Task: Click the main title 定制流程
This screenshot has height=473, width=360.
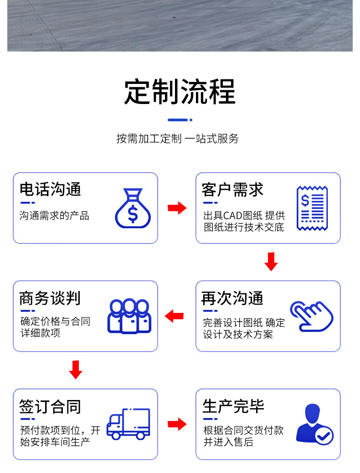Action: click(x=180, y=92)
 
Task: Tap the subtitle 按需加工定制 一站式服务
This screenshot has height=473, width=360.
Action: click(x=177, y=139)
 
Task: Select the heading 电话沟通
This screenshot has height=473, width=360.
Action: click(x=50, y=189)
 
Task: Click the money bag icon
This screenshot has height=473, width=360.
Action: click(x=133, y=208)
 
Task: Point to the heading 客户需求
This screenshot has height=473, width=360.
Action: click(x=232, y=189)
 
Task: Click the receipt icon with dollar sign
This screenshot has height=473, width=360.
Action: click(x=313, y=208)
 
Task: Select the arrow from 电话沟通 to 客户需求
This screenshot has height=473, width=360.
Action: click(x=177, y=208)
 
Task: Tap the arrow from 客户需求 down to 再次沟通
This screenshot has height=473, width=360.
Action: click(x=271, y=261)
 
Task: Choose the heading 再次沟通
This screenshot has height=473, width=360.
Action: click(x=232, y=298)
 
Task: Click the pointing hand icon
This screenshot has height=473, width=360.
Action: click(x=312, y=316)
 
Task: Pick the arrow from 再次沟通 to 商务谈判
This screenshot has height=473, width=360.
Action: click(x=174, y=316)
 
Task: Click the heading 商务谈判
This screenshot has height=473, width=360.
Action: click(x=50, y=298)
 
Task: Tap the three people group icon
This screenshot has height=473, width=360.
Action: click(x=129, y=316)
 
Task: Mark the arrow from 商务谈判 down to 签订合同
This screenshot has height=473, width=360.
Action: click(x=76, y=369)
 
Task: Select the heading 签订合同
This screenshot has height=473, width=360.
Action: click(x=50, y=406)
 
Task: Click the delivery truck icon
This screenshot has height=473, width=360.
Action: click(x=128, y=424)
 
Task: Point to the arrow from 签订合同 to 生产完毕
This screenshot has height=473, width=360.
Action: click(x=177, y=424)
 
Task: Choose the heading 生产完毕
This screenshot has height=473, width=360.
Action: click(x=233, y=406)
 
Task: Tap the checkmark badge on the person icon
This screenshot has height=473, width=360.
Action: click(x=324, y=436)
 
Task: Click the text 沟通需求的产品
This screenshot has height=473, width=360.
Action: click(x=54, y=216)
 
